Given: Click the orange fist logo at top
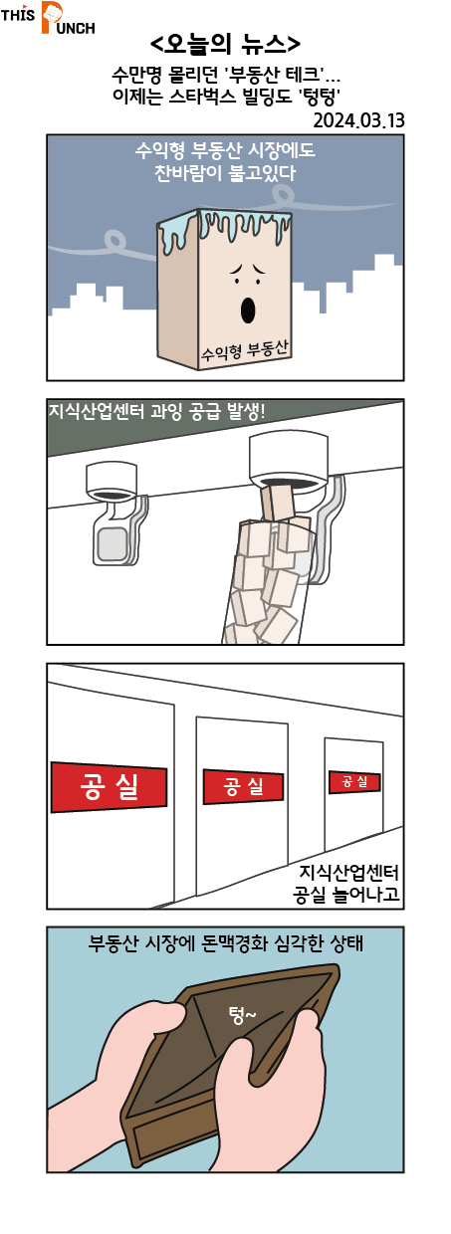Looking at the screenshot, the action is coord(52,17).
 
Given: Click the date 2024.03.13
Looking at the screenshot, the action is coord(358,120).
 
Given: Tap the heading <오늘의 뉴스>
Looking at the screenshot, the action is coord(225,44).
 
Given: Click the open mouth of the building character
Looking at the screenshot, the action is coord(248,310).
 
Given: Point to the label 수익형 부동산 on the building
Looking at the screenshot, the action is coord(245,350).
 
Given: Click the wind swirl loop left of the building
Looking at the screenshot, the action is coord(114,240).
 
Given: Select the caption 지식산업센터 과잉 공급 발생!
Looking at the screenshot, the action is coord(157,411).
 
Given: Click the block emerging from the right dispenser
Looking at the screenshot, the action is coord(278,502).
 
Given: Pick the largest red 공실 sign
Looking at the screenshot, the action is coord(109,786).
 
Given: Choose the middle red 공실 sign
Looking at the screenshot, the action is coord(243,786).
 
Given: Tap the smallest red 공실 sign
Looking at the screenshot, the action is coord(354,781).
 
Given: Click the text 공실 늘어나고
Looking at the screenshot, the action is coord(346,893).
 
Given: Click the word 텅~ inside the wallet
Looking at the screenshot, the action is coord(242,1014).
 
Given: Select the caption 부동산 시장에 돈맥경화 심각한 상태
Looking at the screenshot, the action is coord(225,942).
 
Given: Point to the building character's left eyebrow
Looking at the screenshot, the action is coord(237,270).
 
